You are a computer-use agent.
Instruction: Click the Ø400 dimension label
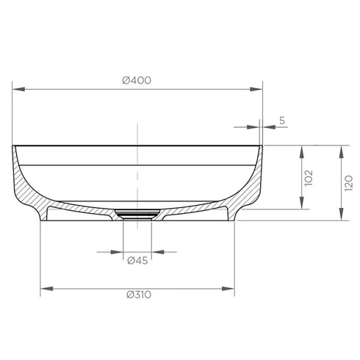(137, 80)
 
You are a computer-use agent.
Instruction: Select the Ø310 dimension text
(137, 295)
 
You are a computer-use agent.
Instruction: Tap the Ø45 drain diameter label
(137, 261)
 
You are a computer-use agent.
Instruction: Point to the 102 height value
(309, 177)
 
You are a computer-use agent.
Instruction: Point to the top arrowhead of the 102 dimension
(300, 150)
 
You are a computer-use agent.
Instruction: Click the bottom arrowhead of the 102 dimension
(300, 204)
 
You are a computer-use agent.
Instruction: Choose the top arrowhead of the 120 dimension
(341, 150)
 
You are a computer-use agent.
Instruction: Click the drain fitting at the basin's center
(137, 215)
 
